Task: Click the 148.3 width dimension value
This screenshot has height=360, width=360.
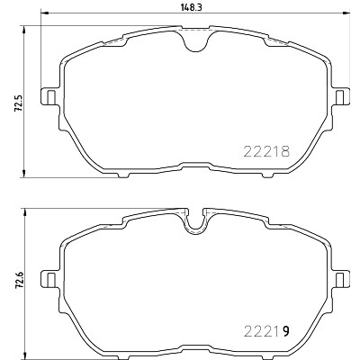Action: click(x=191, y=7)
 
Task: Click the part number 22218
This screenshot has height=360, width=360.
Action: click(x=266, y=151)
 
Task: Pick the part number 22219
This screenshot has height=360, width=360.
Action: click(x=266, y=331)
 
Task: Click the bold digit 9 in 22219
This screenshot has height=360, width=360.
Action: click(x=286, y=331)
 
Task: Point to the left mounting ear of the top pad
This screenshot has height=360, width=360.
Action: click(x=49, y=96)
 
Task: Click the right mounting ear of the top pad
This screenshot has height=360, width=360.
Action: click(x=340, y=96)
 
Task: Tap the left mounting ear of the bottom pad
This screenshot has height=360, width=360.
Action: click(x=49, y=278)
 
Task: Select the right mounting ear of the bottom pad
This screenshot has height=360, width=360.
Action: click(x=340, y=278)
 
